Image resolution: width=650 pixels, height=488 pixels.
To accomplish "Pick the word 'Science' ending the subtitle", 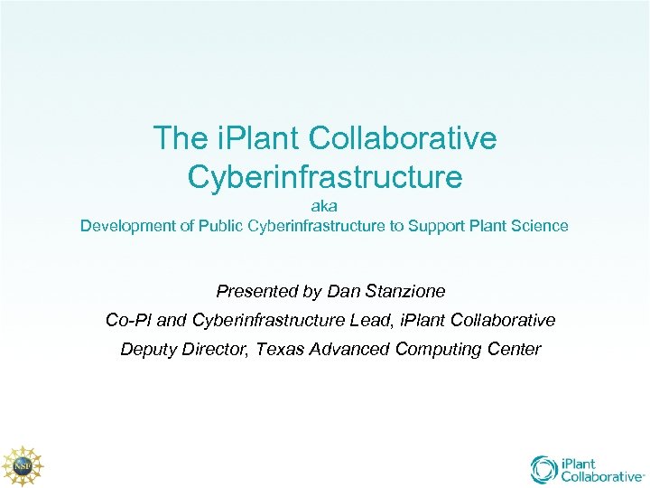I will coord(539,226).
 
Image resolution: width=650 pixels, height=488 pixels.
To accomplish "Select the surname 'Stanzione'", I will coord(404,292).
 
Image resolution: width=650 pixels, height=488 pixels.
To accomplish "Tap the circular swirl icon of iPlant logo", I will coord(544,469).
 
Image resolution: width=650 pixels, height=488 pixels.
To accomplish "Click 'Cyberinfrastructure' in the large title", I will coord(325,176).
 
